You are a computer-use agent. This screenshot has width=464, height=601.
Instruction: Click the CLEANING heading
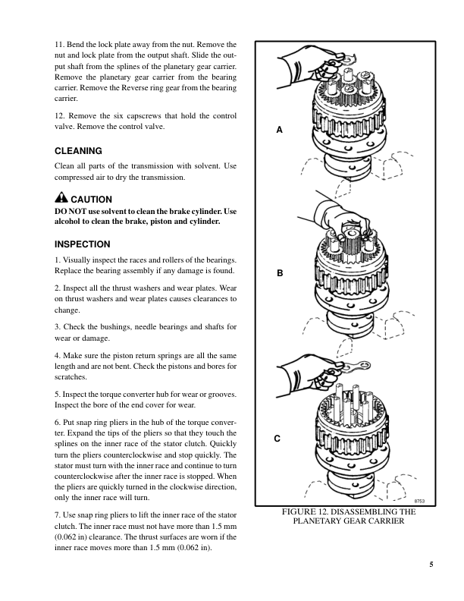tap(79, 151)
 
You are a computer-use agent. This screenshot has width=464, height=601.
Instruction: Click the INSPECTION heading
tap(83, 244)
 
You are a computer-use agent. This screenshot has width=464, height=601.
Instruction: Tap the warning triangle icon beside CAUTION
tap(62, 199)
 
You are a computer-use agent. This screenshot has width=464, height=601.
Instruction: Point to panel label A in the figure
tap(279, 131)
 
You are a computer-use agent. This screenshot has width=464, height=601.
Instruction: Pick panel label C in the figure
tap(278, 438)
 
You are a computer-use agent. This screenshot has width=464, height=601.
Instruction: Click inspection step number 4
tap(58, 355)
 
